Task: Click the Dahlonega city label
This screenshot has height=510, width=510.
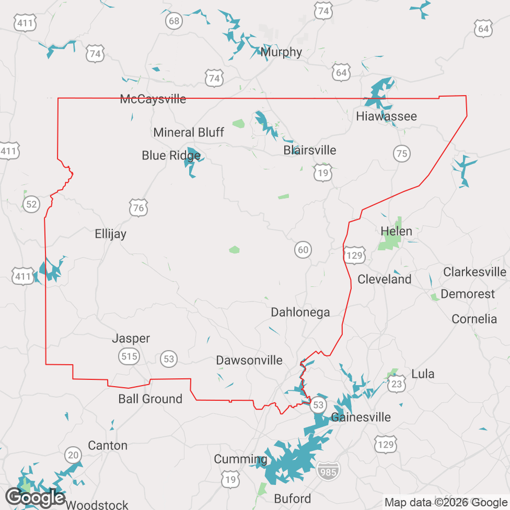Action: pos(300,312)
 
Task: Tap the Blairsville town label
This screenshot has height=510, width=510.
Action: pos(309,150)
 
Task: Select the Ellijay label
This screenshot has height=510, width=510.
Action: pos(110,234)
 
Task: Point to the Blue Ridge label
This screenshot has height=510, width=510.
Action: pos(171,156)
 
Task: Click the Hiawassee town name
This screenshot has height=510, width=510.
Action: pos(386,117)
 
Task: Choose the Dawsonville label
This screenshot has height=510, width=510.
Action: pos(249,361)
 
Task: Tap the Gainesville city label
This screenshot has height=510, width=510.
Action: pos(361,418)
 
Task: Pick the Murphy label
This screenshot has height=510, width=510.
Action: pos(281,52)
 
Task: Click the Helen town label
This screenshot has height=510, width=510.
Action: pos(396,231)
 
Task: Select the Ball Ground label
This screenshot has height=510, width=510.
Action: pos(150,399)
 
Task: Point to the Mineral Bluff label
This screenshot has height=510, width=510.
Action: pos(189,133)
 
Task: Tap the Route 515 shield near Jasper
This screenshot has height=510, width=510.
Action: pos(129,357)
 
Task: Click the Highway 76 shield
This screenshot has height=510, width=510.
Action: pos(138,208)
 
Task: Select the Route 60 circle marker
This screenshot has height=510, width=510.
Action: pos(303,250)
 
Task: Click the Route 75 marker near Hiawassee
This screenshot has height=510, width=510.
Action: pos(401,154)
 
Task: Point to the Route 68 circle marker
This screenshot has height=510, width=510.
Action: pos(174,21)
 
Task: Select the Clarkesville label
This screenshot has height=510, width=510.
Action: pos(474,272)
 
